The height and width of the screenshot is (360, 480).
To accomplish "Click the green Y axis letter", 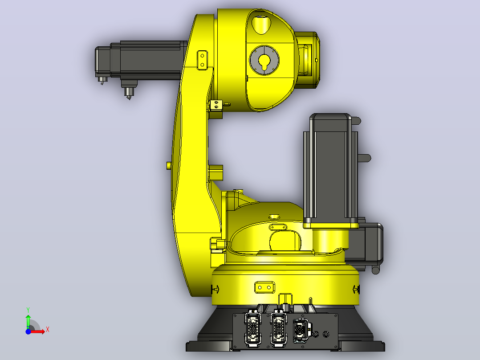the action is click(28, 310).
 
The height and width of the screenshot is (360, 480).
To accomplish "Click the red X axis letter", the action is click(48, 330).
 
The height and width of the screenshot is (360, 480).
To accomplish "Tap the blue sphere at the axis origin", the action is click(28, 331).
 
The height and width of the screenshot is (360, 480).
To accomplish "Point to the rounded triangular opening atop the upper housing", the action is click(261, 25).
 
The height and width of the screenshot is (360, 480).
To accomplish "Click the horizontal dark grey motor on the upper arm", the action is click(141, 61).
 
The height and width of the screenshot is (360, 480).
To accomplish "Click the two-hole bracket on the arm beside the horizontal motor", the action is click(202, 60).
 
